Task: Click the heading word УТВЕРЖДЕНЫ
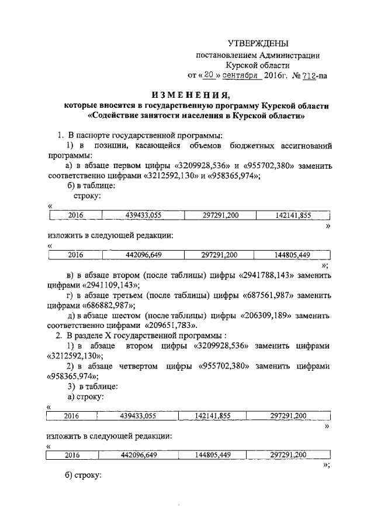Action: [x=258, y=44]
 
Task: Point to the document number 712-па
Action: [x=314, y=76]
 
